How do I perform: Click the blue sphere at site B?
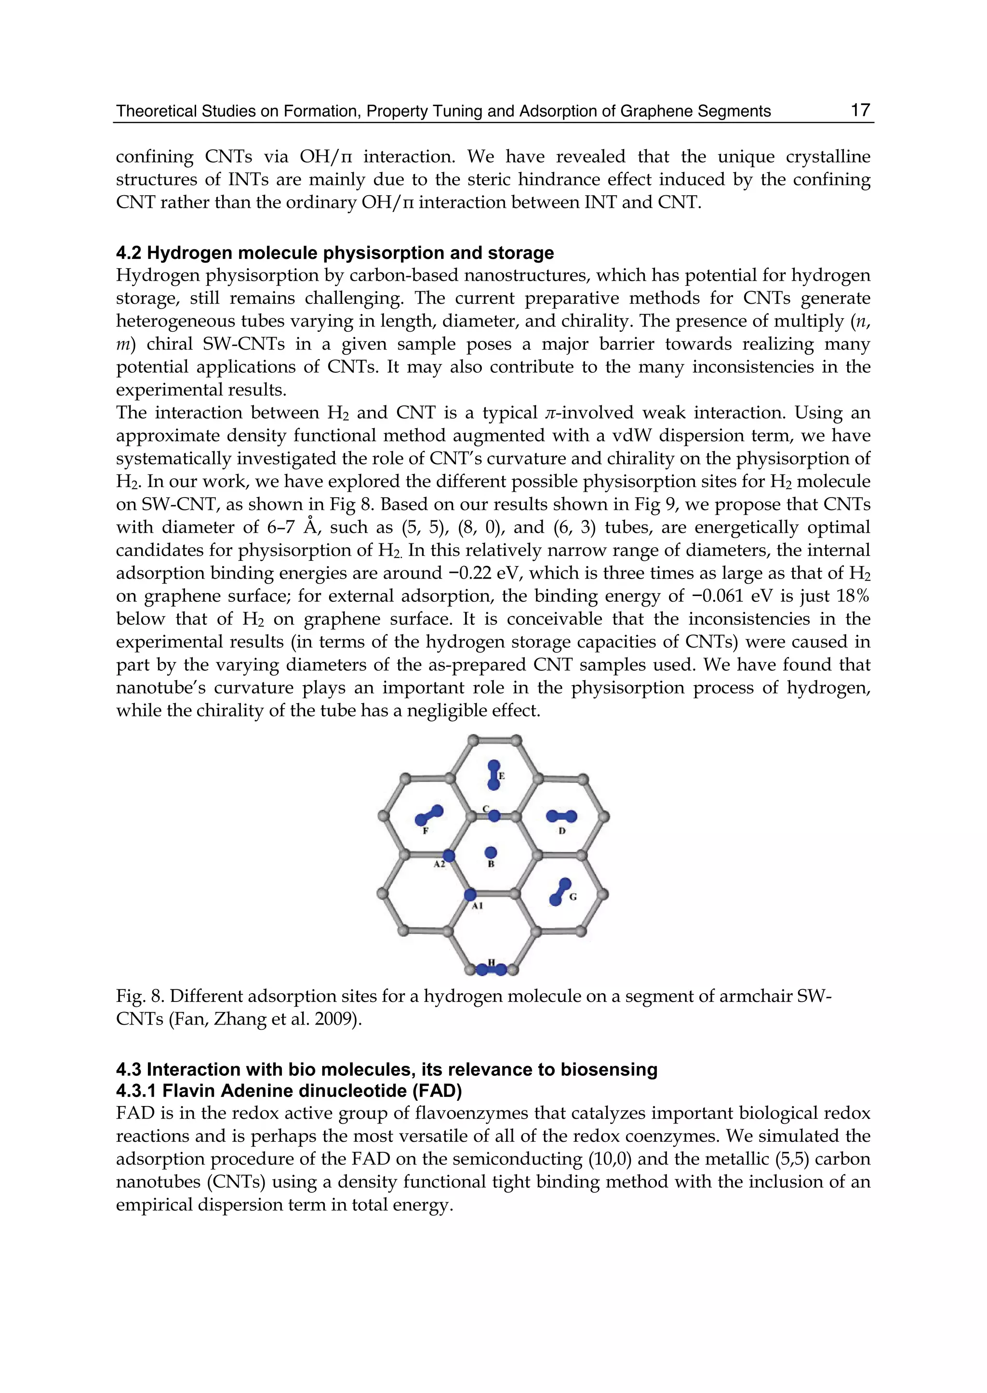491,852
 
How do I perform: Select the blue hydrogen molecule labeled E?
494,775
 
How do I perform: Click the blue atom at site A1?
470,894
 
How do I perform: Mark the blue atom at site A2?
449,855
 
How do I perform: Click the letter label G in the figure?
573,897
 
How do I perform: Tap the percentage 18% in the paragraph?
852,596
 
